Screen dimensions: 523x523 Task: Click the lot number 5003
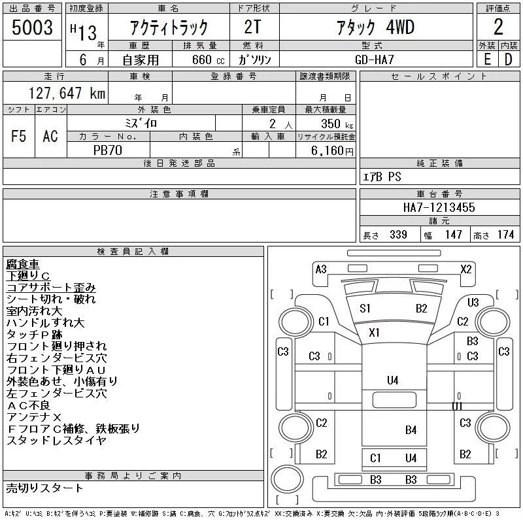coord(33,27)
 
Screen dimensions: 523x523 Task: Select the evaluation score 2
coord(498,27)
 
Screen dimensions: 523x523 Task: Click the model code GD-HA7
coord(382,59)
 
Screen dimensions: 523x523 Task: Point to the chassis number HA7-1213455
coord(439,207)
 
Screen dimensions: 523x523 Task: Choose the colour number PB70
coord(109,150)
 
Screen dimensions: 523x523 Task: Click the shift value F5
coord(19,136)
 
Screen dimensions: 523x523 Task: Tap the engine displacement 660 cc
coord(199,59)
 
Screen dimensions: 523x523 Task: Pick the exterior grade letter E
coord(487,59)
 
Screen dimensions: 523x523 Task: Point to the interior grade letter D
coord(508,59)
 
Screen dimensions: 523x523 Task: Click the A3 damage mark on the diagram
coord(321,269)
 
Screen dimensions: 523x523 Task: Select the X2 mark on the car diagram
coord(466,269)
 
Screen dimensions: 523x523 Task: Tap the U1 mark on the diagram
coord(458,407)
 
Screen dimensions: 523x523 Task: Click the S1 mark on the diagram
coord(365,309)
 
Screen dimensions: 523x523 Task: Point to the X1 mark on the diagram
coord(374,333)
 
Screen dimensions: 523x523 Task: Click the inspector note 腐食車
coord(23,264)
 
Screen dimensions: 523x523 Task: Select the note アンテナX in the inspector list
coord(34,417)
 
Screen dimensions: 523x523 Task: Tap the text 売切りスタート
coord(45,488)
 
